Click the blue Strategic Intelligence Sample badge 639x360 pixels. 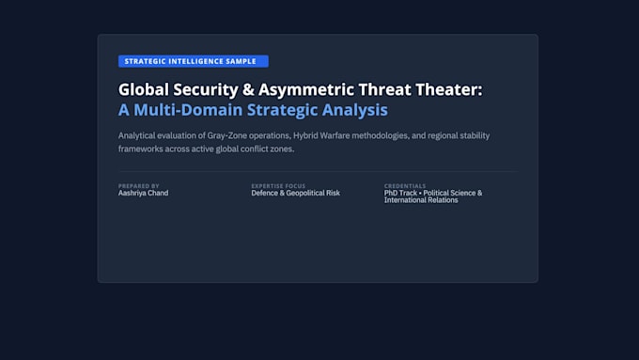click(x=194, y=61)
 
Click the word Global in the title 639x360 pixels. click(x=144, y=89)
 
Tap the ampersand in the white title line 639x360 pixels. click(x=248, y=89)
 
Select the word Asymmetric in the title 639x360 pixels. click(x=306, y=90)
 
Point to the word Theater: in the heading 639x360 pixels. click(x=448, y=89)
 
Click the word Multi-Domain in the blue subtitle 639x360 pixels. click(x=188, y=110)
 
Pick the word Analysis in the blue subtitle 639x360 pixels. click(x=354, y=111)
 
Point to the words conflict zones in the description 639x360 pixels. click(x=267, y=149)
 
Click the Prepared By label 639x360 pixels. click(x=138, y=186)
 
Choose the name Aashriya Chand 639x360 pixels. click(x=143, y=193)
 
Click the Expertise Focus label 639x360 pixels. click(x=278, y=186)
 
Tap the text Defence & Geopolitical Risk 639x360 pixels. click(x=295, y=193)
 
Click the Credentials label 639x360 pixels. click(x=405, y=186)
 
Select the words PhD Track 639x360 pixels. click(x=400, y=193)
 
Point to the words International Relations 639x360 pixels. click(x=421, y=200)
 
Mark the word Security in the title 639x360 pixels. click(x=206, y=90)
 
